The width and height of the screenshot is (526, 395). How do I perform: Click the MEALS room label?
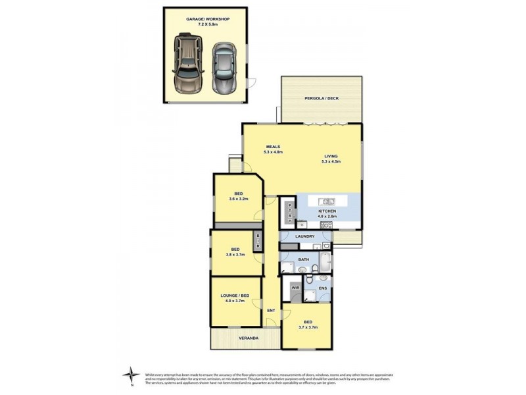point(274,146)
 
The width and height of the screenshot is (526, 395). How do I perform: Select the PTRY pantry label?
point(290,213)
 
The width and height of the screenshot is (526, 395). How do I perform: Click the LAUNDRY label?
point(305,236)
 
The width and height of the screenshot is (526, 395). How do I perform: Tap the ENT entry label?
point(270,311)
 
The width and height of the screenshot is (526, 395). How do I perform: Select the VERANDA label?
point(248,338)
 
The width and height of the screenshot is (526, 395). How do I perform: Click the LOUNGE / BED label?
point(235,297)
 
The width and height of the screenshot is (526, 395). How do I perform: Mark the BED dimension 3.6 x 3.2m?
point(238,199)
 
